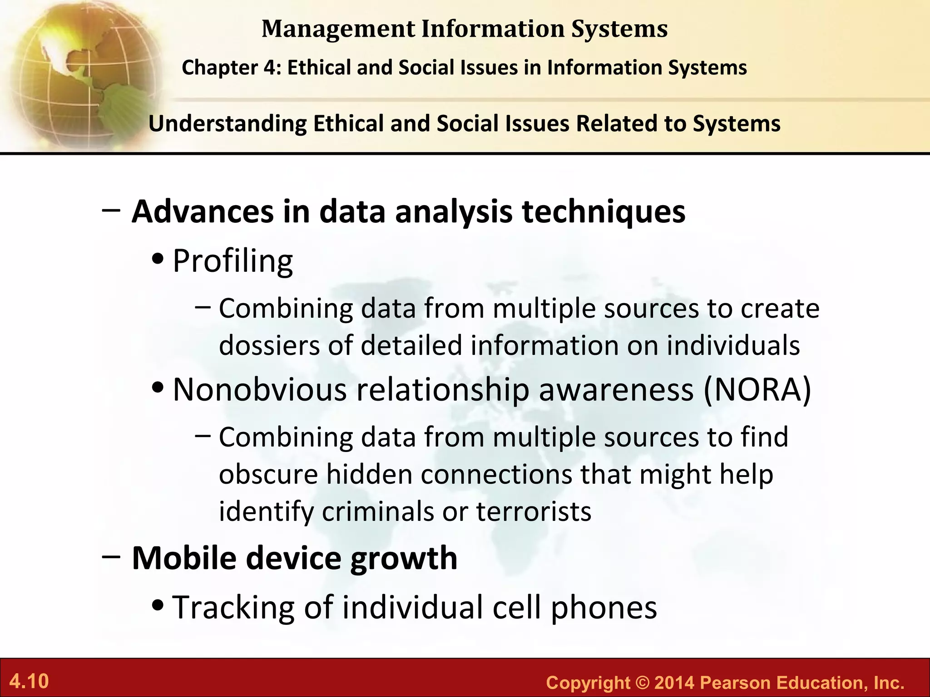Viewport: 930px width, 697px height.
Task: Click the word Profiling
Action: [x=233, y=261]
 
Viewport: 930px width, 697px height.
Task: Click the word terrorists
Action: [x=534, y=511]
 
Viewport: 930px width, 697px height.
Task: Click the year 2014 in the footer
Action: [x=674, y=683]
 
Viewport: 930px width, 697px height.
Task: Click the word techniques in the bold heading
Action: [x=604, y=212]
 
